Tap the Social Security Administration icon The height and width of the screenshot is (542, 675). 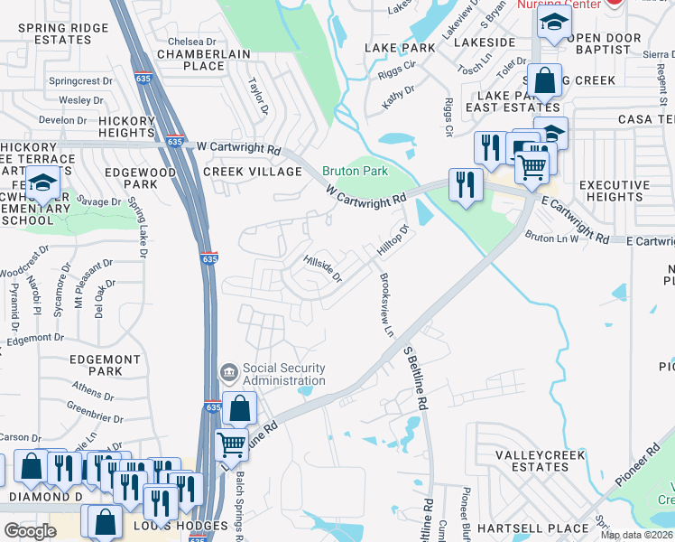coord(229,372)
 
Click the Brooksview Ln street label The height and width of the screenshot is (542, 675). coord(386,305)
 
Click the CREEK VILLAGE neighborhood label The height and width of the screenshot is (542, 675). coord(253,172)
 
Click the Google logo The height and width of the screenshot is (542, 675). coord(30,530)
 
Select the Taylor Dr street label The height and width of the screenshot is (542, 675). coord(258,94)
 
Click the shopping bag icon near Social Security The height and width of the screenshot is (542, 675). coord(240,409)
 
